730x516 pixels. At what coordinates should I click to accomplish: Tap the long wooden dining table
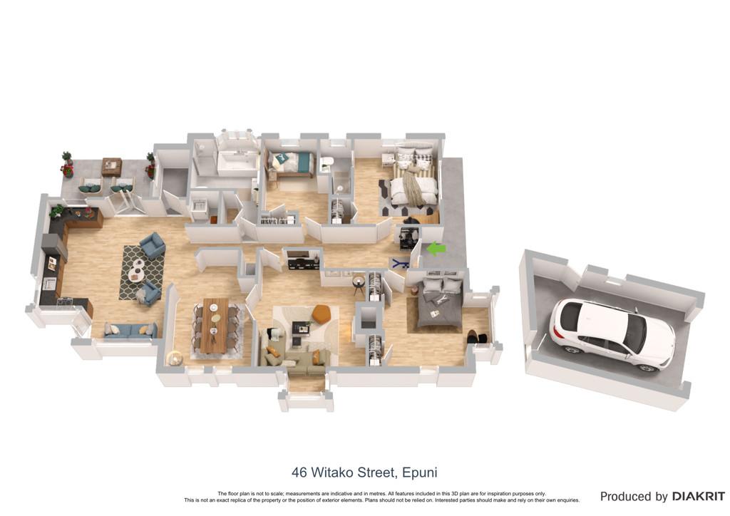215,325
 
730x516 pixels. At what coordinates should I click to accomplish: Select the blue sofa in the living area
130,331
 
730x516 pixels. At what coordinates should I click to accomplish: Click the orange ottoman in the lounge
321,314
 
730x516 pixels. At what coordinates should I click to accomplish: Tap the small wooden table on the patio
112,167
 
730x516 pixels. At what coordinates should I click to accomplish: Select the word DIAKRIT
698,497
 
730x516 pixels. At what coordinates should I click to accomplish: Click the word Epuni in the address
419,473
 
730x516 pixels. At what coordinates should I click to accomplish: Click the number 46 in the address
299,473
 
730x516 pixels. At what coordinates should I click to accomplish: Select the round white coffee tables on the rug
136,270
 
